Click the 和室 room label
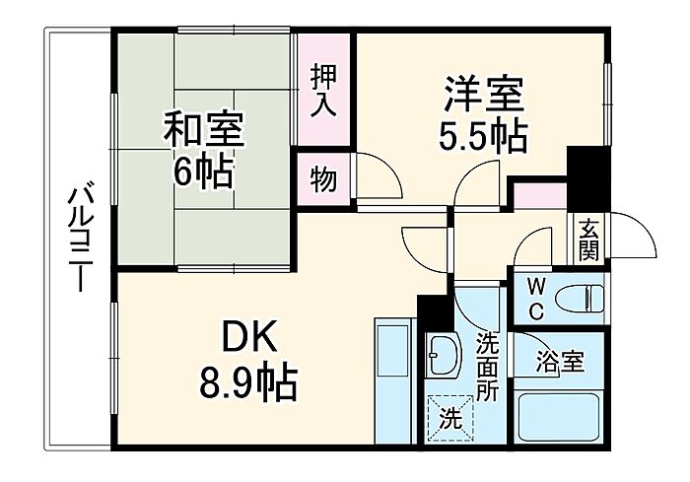[203, 128]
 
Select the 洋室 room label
[482, 97]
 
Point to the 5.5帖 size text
[482, 137]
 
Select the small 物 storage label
[323, 180]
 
